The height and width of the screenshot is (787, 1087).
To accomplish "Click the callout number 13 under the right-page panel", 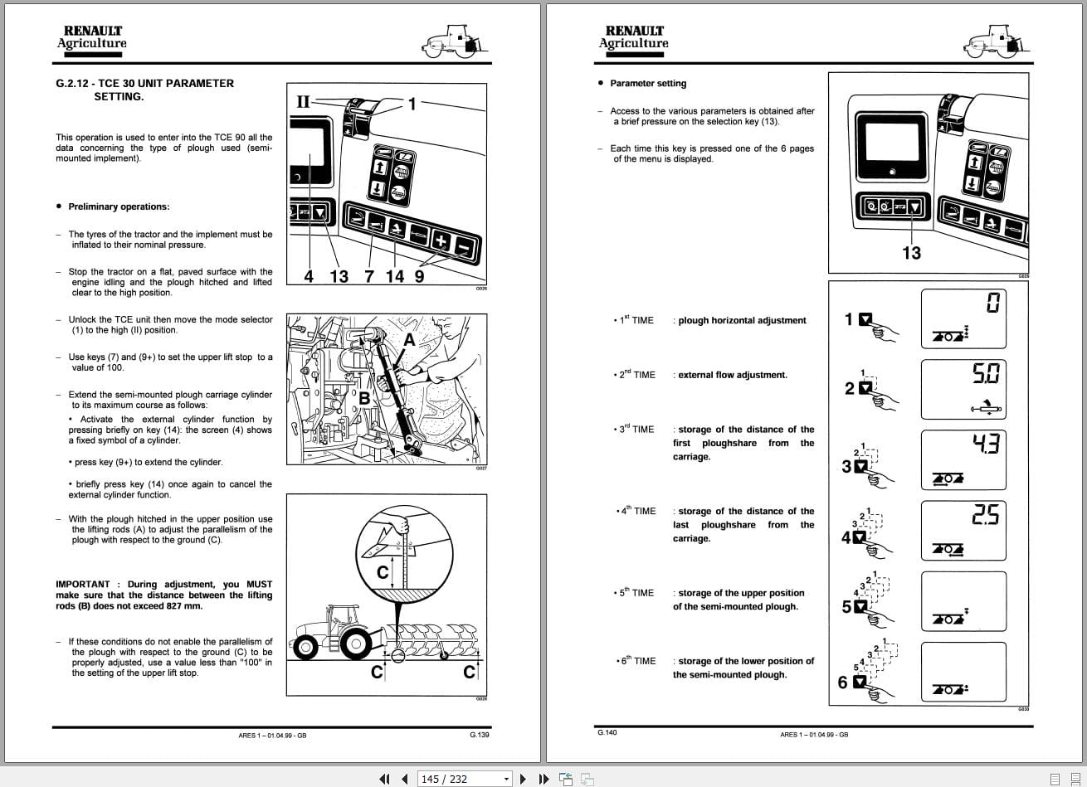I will point(911,253).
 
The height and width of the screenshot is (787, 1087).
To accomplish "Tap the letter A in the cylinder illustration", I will point(409,340).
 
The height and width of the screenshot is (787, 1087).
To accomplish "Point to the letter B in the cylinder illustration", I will point(364,398).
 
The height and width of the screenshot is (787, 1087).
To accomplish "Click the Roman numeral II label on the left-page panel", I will point(303,102).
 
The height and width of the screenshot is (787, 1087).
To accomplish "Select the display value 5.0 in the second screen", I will point(987,374).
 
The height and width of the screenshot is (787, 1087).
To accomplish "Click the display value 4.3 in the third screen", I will point(987,445).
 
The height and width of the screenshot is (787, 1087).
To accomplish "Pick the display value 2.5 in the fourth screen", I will point(986,516).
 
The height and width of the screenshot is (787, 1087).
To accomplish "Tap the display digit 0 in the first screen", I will point(992,302).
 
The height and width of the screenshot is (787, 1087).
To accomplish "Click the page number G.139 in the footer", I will point(479,734).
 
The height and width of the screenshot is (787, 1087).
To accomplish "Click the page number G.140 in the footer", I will point(607,732).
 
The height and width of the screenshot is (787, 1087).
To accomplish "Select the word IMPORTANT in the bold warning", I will point(82,585).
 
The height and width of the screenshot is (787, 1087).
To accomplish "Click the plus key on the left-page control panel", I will point(441,243).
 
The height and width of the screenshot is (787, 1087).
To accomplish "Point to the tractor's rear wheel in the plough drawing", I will point(358,643).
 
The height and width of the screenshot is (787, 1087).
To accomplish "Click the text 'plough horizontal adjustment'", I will point(742,320).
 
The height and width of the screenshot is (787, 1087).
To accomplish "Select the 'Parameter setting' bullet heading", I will point(648,83).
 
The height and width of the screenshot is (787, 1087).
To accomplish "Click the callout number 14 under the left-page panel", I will point(395,276).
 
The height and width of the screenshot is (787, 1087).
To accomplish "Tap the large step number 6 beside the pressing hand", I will point(843,683).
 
